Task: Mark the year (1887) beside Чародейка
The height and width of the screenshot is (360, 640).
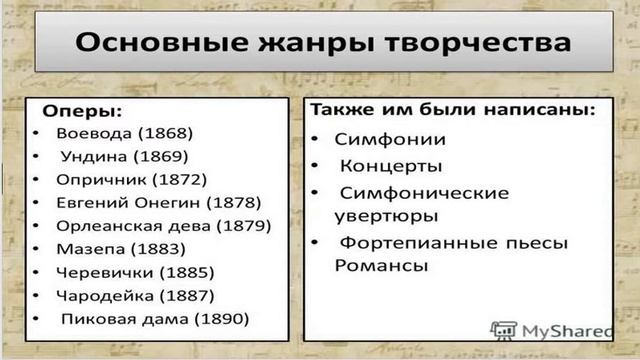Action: (186, 296)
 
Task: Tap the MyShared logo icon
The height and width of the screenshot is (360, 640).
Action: (503, 329)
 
